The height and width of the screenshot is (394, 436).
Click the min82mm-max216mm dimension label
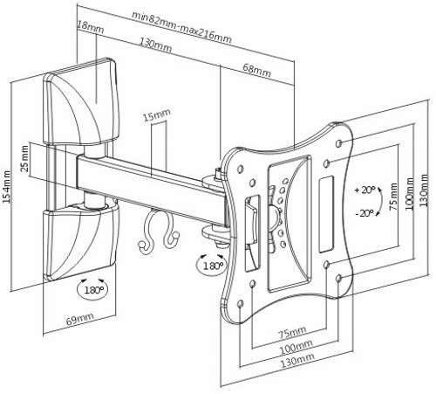pos(181,27)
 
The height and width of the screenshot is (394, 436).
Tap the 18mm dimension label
pos(91,26)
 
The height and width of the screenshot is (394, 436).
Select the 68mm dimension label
pos(256,71)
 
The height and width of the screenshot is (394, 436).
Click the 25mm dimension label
pos(25,159)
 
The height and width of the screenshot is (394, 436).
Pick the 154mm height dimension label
pos(6,187)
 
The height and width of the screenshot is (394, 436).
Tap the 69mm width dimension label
pos(80,319)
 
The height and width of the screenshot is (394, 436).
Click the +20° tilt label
pos(364,190)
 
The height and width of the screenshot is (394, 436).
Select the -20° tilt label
pos(364,213)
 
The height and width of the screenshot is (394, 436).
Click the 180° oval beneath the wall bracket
pos(92,290)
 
